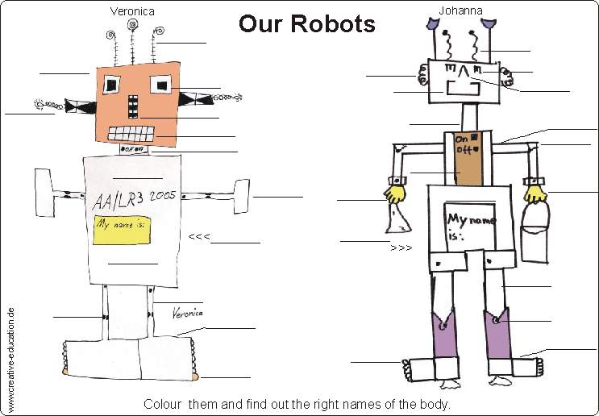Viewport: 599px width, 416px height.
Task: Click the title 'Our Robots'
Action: (306, 23)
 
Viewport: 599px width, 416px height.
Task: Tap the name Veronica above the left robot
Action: (131, 11)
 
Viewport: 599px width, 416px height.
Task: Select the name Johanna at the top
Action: (460, 10)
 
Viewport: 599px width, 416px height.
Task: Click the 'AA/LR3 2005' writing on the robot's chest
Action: (134, 199)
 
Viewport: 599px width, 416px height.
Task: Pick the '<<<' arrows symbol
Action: (199, 237)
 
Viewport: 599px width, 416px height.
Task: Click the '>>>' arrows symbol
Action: (401, 248)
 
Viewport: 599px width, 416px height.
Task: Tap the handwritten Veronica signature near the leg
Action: (187, 312)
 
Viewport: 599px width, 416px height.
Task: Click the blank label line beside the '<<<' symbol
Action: (236, 242)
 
